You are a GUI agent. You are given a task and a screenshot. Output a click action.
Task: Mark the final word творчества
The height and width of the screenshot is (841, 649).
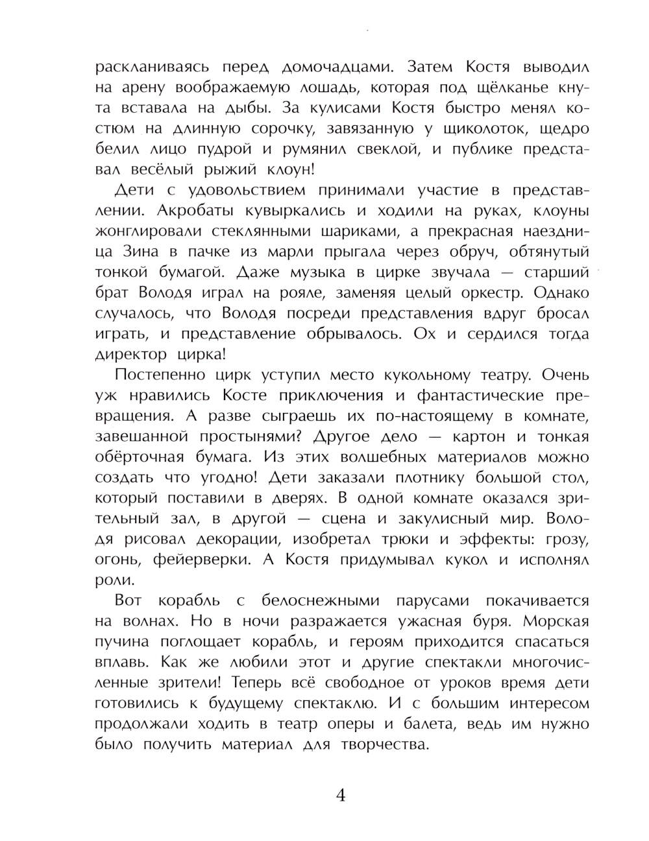click(x=384, y=745)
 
